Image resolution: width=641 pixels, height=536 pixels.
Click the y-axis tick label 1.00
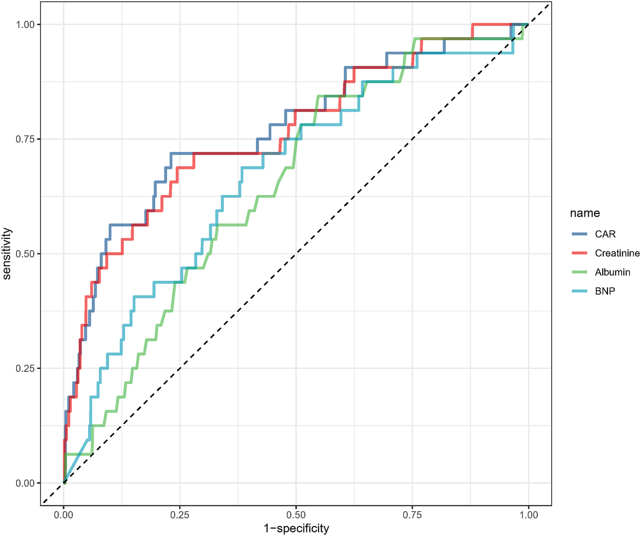pyautogui.click(x=25, y=24)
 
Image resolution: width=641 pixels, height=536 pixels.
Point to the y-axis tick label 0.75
pyautogui.click(x=25, y=139)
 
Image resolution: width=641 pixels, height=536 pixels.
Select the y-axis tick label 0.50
pyautogui.click(x=25, y=253)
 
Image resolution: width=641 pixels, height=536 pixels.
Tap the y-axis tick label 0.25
pyautogui.click(x=25, y=368)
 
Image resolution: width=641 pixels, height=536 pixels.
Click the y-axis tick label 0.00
pyautogui.click(x=25, y=483)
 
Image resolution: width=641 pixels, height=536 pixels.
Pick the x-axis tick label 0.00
pyautogui.click(x=64, y=515)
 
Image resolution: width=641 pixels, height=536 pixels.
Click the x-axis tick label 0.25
pyautogui.click(x=180, y=515)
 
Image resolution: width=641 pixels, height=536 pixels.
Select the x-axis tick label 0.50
pyautogui.click(x=296, y=515)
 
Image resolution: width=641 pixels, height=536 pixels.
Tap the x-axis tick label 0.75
pyautogui.click(x=412, y=515)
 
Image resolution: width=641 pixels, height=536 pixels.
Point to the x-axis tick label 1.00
pyautogui.click(x=528, y=515)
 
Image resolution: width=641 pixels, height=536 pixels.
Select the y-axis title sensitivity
pyautogui.click(x=7, y=253)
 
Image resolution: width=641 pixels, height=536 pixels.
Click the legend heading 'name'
pyautogui.click(x=585, y=213)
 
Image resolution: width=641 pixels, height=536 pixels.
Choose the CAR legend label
pyautogui.click(x=605, y=234)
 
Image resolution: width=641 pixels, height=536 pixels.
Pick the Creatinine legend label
pyautogui.click(x=617, y=253)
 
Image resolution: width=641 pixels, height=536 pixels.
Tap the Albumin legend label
pyautogui.click(x=612, y=272)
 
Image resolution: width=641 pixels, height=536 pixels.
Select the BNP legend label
pyautogui.click(x=605, y=291)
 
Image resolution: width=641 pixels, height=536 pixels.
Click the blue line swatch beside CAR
pyautogui.click(x=580, y=234)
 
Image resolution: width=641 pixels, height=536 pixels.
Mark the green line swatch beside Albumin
pyautogui.click(x=580, y=272)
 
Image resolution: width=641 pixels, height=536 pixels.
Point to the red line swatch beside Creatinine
pyautogui.click(x=580, y=253)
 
